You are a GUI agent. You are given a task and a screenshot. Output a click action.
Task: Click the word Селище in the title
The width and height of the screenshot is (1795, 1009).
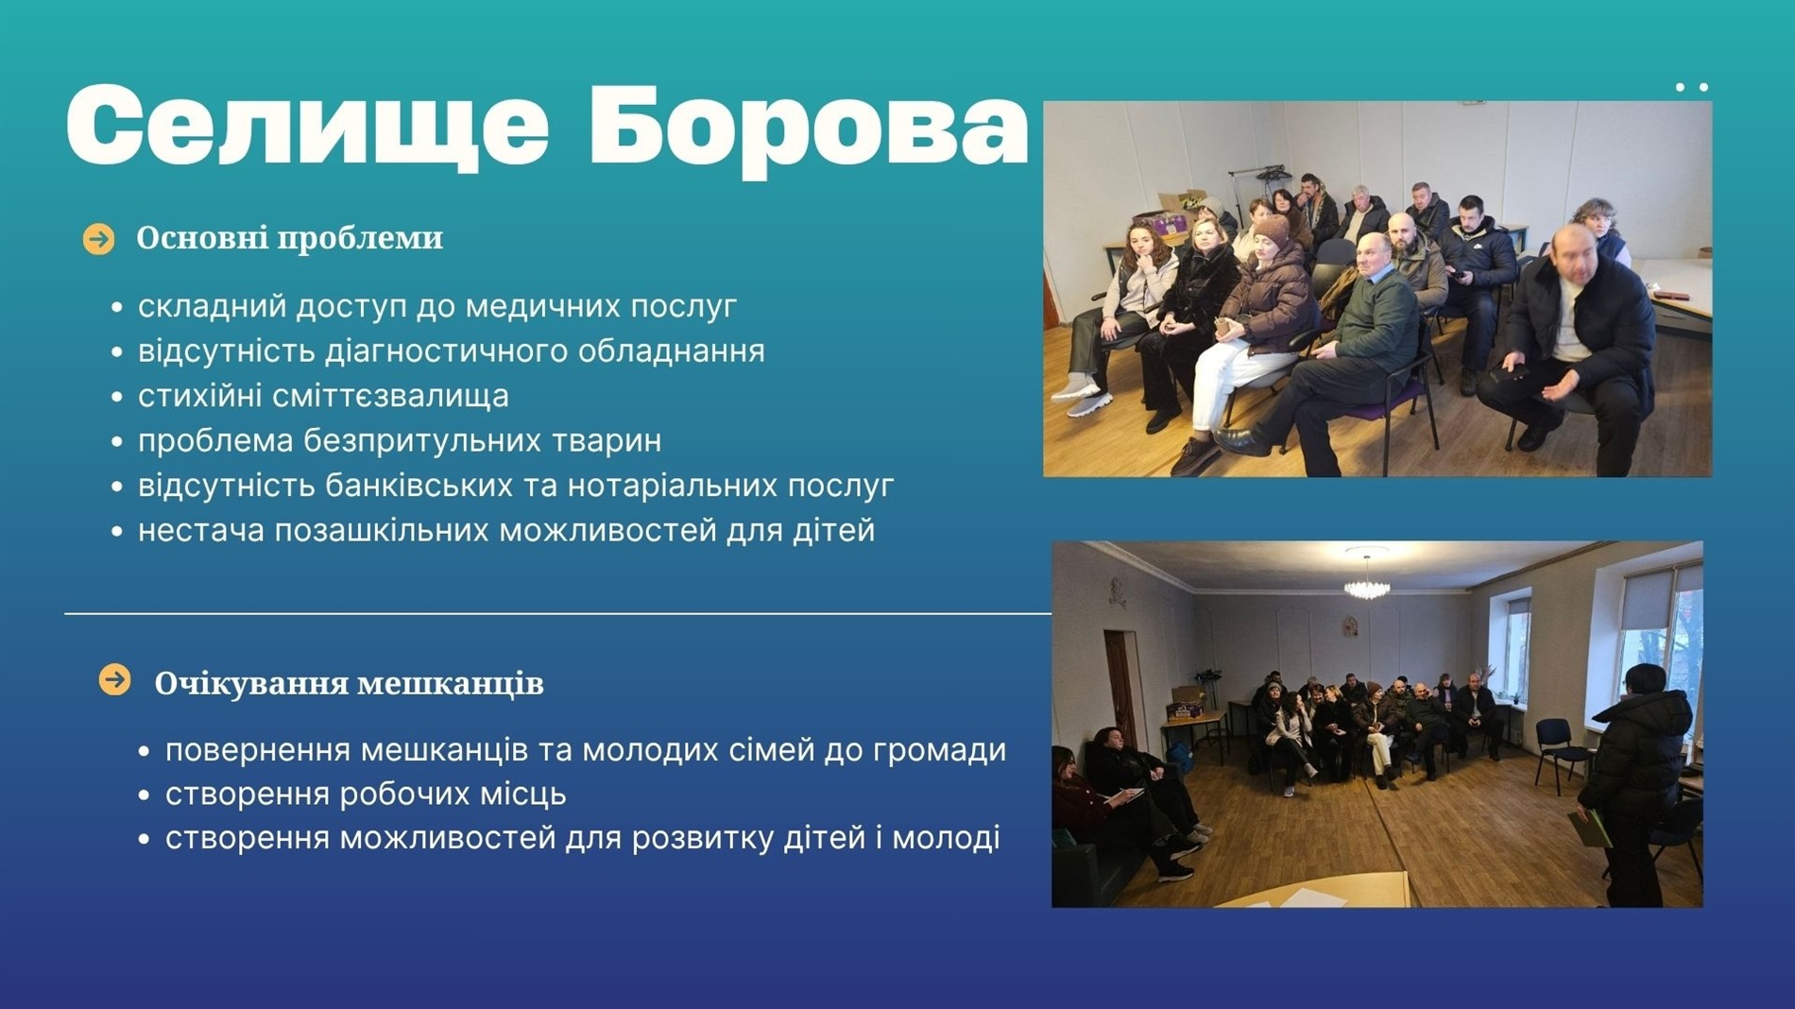click(307, 125)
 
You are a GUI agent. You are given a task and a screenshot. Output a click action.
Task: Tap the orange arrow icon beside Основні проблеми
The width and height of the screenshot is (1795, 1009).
click(98, 239)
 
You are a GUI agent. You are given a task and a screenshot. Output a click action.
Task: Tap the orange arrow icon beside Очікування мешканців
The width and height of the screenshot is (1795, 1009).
click(115, 679)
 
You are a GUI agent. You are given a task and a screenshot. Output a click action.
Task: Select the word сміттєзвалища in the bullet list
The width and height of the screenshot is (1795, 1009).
click(390, 396)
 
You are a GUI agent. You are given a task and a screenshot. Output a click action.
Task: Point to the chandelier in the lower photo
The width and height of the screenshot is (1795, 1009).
click(1367, 583)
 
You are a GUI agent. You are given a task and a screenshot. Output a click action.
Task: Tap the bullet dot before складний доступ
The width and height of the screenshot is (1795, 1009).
click(117, 307)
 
